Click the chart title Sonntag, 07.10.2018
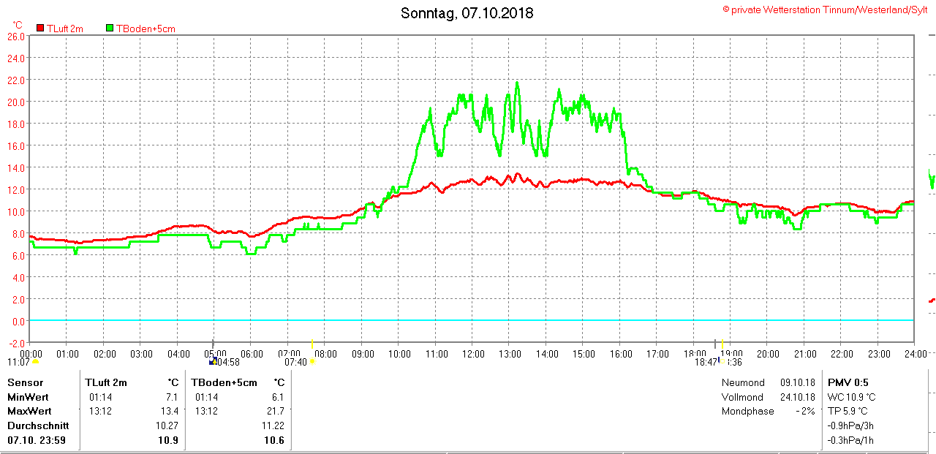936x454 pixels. tap(467, 13)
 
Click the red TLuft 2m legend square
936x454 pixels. tap(40, 28)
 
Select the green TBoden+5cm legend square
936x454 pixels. tap(110, 28)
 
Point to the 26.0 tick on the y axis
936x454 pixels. tap(16, 36)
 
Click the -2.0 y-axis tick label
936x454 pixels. tap(16, 343)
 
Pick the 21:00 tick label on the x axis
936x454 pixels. tap(805, 354)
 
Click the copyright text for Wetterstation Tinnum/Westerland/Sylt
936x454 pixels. tap(825, 10)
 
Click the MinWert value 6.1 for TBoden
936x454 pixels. tap(277, 397)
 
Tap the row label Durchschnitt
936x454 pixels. tap(38, 425)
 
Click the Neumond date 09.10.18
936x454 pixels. tap(797, 382)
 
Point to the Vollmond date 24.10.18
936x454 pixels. tap(797, 397)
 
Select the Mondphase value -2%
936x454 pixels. tap(806, 411)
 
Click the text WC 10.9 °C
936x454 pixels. tap(851, 397)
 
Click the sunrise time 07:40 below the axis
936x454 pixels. tap(295, 362)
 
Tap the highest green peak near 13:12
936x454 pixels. tap(517, 83)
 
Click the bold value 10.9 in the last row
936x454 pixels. tap(169, 441)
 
